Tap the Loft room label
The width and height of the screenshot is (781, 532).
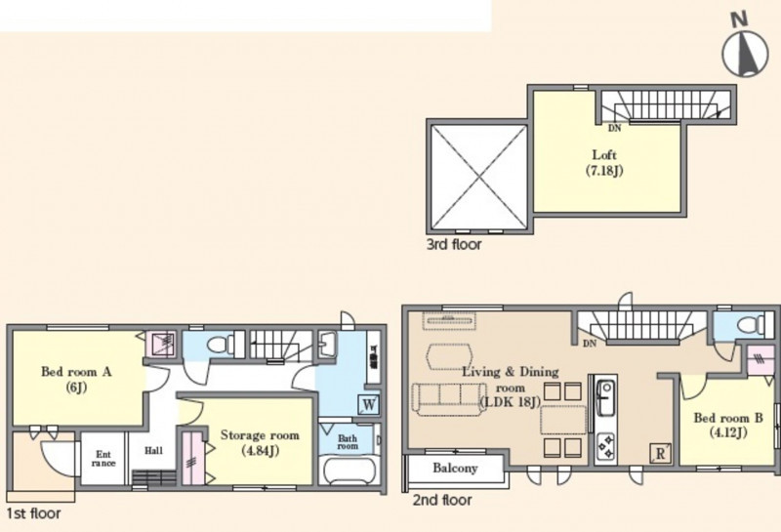[x=604, y=162]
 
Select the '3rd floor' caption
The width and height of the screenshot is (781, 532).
[x=454, y=245]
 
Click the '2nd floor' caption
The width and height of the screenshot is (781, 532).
[x=442, y=500]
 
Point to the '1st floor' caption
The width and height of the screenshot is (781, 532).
[x=33, y=513]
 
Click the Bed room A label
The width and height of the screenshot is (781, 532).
[x=76, y=380]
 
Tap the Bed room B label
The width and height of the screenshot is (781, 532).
[x=728, y=425]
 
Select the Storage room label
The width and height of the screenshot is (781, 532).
[x=260, y=443]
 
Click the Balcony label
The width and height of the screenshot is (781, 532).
[x=455, y=469]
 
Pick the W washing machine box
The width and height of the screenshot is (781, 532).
[x=369, y=404]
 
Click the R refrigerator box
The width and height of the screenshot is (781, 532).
[x=660, y=454]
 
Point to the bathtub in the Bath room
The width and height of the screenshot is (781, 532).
[x=349, y=471]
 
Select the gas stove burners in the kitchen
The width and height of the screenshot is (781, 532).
[x=606, y=446]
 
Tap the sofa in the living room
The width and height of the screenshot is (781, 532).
[x=449, y=399]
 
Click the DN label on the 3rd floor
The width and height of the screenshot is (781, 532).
[x=615, y=128]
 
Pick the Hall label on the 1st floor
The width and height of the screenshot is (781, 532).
[x=153, y=451]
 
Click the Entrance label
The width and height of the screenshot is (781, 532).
[x=103, y=458]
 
